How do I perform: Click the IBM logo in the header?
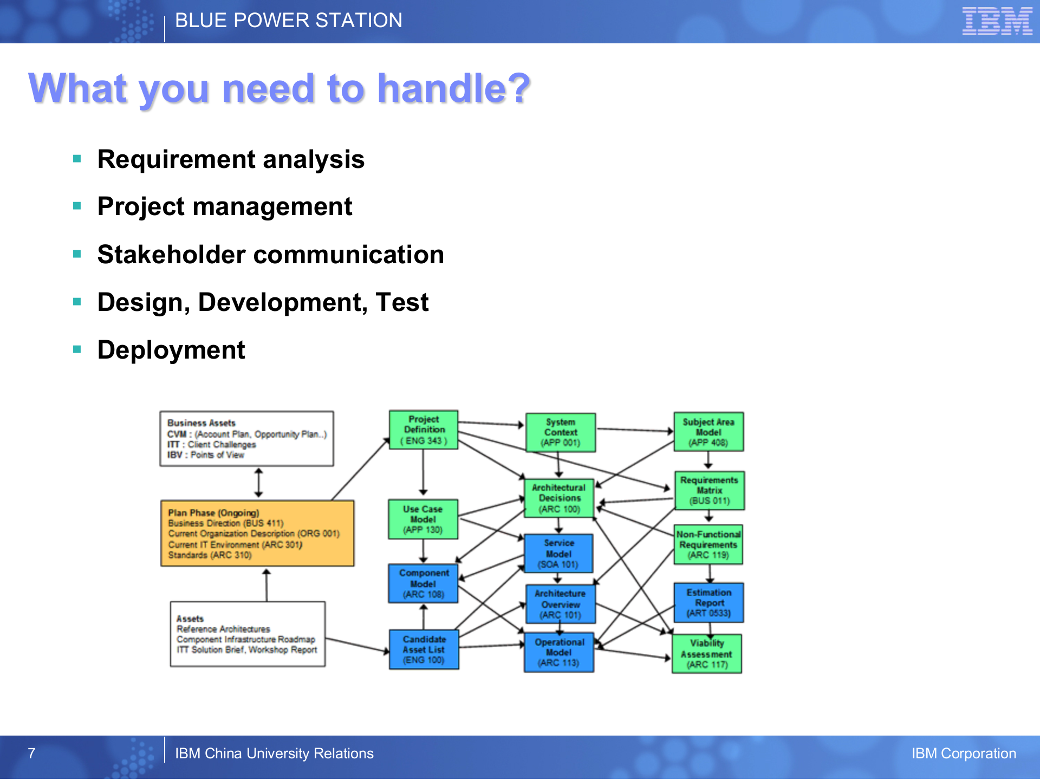[997, 22]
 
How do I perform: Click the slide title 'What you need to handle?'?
[279, 88]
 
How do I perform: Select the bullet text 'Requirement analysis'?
[231, 160]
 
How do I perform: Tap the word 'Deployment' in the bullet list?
[171, 350]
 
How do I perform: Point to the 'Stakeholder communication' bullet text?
[270, 255]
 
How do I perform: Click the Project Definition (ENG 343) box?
[424, 430]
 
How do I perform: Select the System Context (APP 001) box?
[561, 432]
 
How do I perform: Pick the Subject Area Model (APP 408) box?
[708, 432]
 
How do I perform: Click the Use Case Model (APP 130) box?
[423, 519]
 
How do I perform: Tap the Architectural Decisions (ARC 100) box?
[560, 498]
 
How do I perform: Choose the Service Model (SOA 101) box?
[558, 554]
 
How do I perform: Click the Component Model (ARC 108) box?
[424, 584]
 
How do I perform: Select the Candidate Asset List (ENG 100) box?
[424, 649]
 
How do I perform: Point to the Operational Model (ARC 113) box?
[559, 653]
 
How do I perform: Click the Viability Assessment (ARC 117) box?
[707, 654]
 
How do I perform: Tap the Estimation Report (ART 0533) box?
[708, 603]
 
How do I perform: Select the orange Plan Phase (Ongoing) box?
[257, 534]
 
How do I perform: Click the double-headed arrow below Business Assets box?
[259, 483]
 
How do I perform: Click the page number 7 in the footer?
[31, 753]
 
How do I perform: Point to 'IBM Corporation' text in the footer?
[963, 753]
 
